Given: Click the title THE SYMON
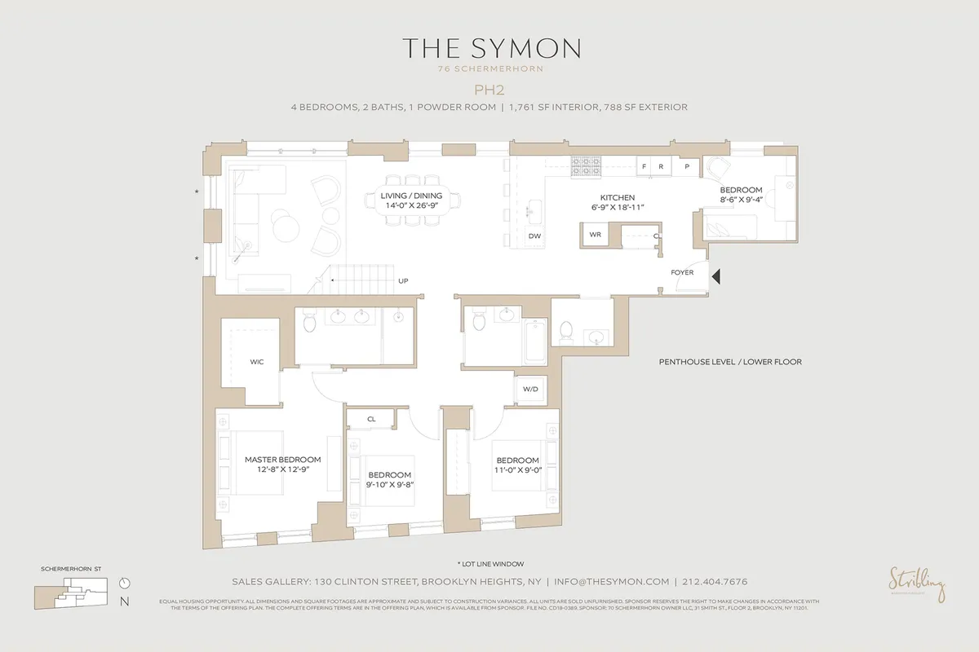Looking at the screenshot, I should [490, 47].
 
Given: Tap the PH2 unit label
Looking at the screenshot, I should [490, 91].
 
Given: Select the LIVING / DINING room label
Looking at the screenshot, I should [411, 196].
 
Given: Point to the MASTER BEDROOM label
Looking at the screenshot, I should [282, 460].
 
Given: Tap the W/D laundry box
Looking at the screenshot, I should [530, 390].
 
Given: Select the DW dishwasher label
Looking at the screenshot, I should [535, 236].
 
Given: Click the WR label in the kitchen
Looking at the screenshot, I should [596, 235].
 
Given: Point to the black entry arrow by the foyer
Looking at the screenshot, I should [716, 277].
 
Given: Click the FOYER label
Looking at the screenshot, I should [682, 272].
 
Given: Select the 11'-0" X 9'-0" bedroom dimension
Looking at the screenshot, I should [517, 469].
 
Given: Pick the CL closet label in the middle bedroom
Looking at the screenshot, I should [371, 419].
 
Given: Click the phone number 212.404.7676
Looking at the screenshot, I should [715, 582].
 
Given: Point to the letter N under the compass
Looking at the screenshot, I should [123, 602].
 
